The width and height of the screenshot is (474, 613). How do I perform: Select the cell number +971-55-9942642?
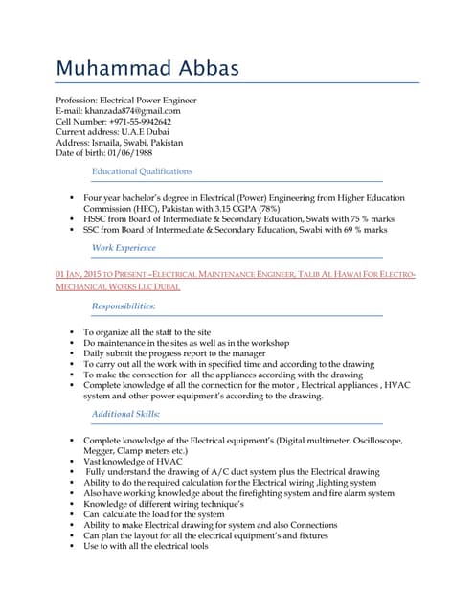click(140, 122)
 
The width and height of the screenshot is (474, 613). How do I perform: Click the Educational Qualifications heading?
click(141, 171)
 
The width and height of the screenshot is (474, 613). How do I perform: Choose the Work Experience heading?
click(123, 248)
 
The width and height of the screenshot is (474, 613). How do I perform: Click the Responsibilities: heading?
click(123, 306)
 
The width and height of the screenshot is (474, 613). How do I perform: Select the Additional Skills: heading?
click(125, 413)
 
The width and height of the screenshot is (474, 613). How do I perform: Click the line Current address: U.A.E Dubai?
click(113, 132)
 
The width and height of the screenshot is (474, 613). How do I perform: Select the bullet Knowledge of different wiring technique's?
click(164, 504)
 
